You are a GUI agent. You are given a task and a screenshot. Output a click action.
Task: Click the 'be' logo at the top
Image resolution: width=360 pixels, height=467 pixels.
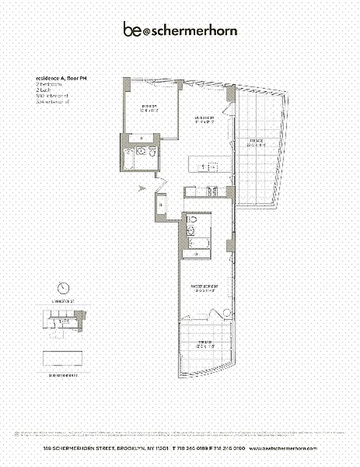click(131, 30)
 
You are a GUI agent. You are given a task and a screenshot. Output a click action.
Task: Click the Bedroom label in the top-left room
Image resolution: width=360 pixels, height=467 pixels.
click(149, 108)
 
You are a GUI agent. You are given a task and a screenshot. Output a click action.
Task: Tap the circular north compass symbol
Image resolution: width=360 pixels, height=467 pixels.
click(64, 288)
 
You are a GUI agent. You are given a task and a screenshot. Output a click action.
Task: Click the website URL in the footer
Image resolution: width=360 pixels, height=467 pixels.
click(283, 448)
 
